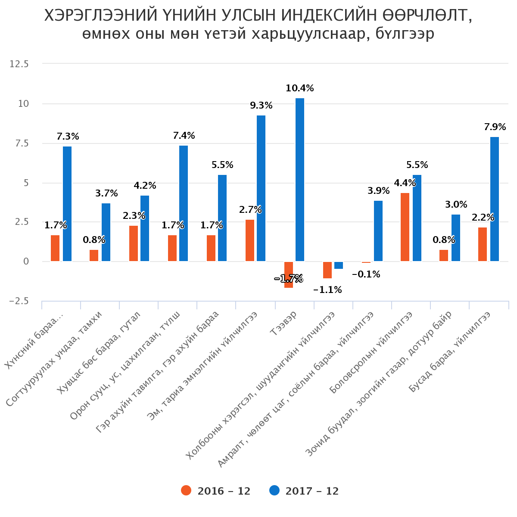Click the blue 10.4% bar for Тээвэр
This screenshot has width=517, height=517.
click(300, 180)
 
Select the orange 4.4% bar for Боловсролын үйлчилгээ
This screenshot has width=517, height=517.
click(405, 227)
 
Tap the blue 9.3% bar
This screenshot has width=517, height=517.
click(261, 188)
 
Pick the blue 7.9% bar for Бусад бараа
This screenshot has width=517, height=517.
click(495, 199)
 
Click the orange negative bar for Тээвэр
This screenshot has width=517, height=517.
click(289, 274)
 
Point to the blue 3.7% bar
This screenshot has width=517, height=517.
click(106, 232)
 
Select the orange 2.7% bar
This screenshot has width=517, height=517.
click(250, 240)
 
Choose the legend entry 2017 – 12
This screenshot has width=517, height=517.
click(304, 491)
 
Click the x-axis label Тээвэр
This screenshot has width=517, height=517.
click(284, 324)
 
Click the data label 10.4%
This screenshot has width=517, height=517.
click(300, 88)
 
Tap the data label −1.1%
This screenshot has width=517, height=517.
click(327, 290)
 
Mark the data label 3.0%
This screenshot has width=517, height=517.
click(456, 205)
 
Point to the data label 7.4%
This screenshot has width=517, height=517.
click(184, 136)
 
